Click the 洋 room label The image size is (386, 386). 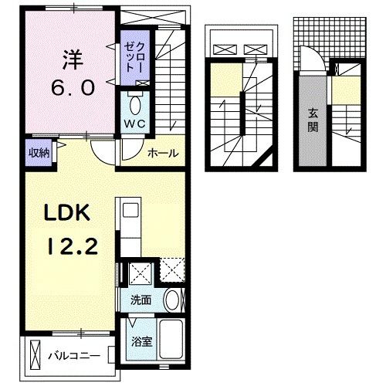click(x=73, y=60)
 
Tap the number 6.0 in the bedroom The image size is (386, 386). click(x=73, y=87)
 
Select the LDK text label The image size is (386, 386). click(x=67, y=212)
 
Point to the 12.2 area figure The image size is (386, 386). click(x=73, y=246)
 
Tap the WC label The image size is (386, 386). click(x=135, y=124)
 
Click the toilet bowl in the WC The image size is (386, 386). click(x=135, y=105)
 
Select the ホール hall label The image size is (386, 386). click(x=163, y=154)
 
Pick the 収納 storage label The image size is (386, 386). click(x=39, y=153)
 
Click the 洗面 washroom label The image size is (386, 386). click(x=141, y=300)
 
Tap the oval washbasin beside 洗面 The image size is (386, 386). click(x=172, y=300)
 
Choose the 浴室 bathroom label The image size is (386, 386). click(x=142, y=342)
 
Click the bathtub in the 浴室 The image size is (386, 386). click(x=171, y=340)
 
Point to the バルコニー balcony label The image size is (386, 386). click(x=74, y=356)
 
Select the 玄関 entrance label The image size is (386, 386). click(x=313, y=120)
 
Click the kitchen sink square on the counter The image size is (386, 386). click(x=131, y=210)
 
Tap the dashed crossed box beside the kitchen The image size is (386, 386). click(x=172, y=269)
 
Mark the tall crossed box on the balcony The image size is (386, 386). click(x=35, y=355)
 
